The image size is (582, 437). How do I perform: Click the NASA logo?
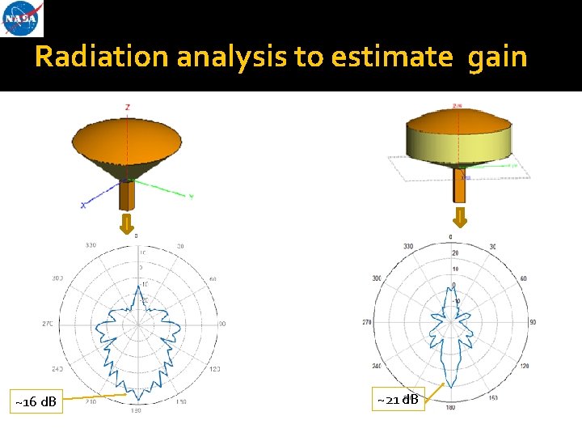(x=23, y=19)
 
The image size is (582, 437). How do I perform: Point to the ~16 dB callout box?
(x=36, y=401)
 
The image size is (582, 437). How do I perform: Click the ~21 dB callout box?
(x=398, y=398)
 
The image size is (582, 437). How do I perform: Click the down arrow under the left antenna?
(x=126, y=224)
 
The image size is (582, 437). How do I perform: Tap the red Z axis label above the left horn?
(x=127, y=107)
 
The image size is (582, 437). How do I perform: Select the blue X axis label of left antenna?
(x=82, y=206)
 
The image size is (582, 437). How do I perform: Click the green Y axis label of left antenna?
(x=191, y=196)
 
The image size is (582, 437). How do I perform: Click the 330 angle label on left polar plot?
(x=91, y=245)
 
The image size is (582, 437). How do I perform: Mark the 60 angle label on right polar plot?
(x=524, y=278)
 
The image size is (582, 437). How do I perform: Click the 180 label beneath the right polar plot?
(x=451, y=406)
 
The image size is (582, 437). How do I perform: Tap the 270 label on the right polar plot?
(x=367, y=322)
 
